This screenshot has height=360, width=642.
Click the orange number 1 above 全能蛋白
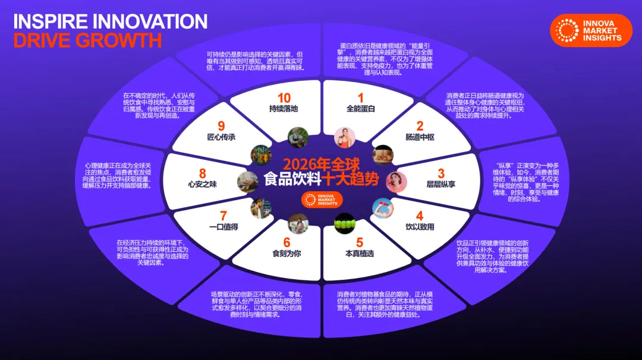click(x=360, y=98)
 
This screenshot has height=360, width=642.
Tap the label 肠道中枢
click(x=420, y=137)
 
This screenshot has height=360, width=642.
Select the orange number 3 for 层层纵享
click(x=440, y=173)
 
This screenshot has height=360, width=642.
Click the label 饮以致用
click(x=420, y=227)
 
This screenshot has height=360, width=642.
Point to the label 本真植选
click(x=360, y=254)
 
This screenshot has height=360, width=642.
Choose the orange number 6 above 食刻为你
click(x=287, y=242)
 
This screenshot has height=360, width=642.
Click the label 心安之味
click(x=202, y=184)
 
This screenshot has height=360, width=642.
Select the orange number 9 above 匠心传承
click(x=221, y=126)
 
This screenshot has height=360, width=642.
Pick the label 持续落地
click(x=283, y=109)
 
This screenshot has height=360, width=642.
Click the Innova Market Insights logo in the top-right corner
click(x=590, y=30)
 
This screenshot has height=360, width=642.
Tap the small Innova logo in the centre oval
click(x=321, y=200)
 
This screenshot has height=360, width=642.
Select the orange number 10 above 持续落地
click(x=284, y=97)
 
